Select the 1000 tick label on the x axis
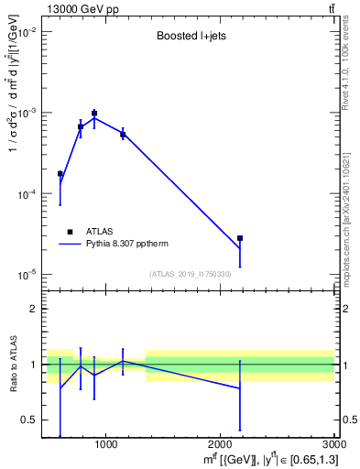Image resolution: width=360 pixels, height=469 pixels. (106, 445)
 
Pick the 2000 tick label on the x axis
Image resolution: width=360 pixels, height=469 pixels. (221, 445)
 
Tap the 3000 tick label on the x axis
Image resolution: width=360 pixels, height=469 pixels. (333, 445)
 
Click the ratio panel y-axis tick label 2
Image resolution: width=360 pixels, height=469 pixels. (34, 309)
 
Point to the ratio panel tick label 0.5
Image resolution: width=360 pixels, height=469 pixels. (30, 420)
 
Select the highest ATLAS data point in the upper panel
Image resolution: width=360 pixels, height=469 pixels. (94, 114)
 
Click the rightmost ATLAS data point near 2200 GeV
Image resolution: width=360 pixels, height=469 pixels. (240, 238)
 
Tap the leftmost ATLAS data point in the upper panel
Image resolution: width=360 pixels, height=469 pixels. (60, 173)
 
